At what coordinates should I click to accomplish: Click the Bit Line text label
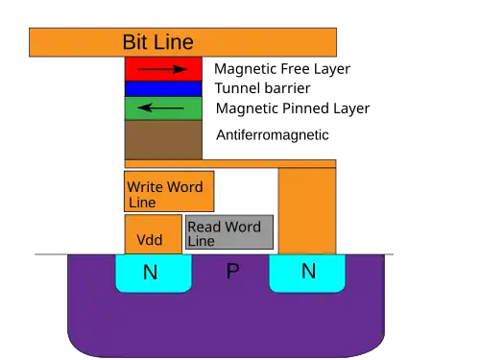(158, 42)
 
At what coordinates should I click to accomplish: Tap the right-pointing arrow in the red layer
(162, 69)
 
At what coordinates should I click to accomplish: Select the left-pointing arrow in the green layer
(160, 108)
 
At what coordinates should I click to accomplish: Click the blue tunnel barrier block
(163, 89)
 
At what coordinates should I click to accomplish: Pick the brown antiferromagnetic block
(163, 140)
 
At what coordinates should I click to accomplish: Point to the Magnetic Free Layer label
(282, 69)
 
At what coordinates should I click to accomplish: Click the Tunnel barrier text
(263, 88)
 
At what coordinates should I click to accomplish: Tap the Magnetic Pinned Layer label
(293, 108)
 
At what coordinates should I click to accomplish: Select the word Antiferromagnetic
(273, 134)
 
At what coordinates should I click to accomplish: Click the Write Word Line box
(169, 191)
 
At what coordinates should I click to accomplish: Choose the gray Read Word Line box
(229, 232)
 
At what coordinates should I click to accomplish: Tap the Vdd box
(154, 234)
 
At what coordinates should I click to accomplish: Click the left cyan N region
(154, 274)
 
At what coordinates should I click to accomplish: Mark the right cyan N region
(307, 274)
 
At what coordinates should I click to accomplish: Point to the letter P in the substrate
(232, 272)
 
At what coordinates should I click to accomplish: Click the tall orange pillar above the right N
(307, 211)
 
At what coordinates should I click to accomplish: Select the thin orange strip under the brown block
(230, 164)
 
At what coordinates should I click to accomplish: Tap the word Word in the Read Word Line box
(242, 227)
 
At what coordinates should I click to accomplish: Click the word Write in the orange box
(146, 187)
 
